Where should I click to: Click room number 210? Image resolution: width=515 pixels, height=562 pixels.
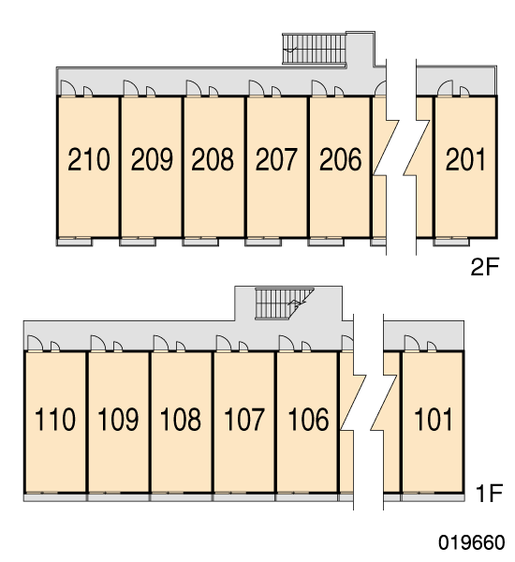(x=89, y=159)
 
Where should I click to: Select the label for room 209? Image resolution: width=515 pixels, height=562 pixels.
(x=152, y=159)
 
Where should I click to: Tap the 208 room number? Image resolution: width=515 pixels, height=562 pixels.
(x=213, y=159)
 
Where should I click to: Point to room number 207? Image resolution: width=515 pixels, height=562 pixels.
(x=276, y=159)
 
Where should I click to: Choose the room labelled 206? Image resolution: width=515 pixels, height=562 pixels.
(x=340, y=159)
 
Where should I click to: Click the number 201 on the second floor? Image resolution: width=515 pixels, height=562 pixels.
(x=465, y=159)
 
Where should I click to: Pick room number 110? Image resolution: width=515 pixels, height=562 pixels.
(x=55, y=419)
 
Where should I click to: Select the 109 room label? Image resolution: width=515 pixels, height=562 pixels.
(x=118, y=419)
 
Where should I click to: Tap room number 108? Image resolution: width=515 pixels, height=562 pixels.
(x=181, y=419)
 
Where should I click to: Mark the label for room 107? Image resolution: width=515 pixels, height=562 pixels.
(x=244, y=419)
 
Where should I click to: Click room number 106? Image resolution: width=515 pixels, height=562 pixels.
(x=308, y=419)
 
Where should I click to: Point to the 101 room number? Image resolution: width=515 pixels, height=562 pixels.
(x=433, y=419)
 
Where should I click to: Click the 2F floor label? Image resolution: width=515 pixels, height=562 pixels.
(x=484, y=267)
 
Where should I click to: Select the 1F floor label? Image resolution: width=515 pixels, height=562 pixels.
(x=490, y=493)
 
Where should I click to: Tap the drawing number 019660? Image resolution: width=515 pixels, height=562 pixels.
(x=472, y=542)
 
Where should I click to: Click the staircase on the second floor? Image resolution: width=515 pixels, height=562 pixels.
(x=315, y=49)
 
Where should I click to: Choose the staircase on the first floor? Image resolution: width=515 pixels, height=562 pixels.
(x=285, y=303)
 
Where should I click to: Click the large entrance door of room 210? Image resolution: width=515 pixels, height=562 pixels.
(x=68, y=88)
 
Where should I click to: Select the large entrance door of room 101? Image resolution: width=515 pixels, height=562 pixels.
(x=412, y=343)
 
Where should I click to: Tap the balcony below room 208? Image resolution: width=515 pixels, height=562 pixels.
(x=200, y=242)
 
